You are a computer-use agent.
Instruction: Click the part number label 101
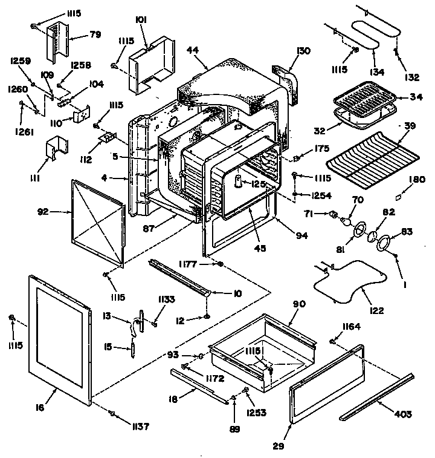click(x=141, y=19)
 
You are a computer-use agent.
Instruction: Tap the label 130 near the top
click(x=303, y=51)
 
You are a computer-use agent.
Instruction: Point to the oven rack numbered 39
click(x=372, y=154)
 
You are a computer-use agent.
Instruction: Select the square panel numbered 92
click(x=97, y=212)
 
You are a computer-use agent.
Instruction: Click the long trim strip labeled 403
click(x=378, y=396)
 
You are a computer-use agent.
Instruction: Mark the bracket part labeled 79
click(x=57, y=39)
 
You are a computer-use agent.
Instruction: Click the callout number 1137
click(x=141, y=426)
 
